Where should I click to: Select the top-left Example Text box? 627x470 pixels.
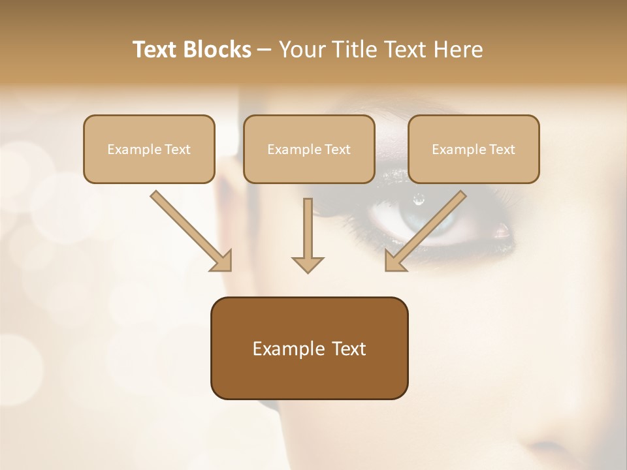149,149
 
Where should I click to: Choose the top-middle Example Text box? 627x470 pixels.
309,149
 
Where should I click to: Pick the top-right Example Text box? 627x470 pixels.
474,149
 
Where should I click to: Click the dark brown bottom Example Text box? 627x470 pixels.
309,348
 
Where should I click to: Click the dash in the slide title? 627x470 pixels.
264,50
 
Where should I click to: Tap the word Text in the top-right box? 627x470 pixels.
502,149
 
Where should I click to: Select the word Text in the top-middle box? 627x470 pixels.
338,149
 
